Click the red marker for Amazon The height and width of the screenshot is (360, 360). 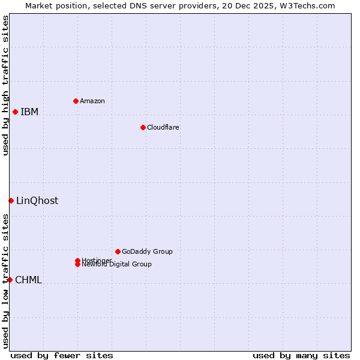tap(76, 101)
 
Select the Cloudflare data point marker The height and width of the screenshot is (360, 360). tap(143, 127)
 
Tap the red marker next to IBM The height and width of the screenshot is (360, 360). tap(15, 112)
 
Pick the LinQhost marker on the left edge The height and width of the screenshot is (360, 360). tap(11, 200)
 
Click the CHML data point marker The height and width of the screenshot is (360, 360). tap(10, 280)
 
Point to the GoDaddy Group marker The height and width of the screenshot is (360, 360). tap(118, 251)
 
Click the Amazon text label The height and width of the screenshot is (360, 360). tap(92, 101)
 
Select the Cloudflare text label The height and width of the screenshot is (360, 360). tap(163, 127)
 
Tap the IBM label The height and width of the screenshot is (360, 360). tap(29, 112)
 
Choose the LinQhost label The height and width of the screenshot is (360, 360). tap(37, 201)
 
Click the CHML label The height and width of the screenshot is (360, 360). tap(28, 280)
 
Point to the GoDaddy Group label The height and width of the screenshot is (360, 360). tap(147, 251)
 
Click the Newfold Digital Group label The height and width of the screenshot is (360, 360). tap(117, 265)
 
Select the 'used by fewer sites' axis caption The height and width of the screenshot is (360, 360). tap(62, 355)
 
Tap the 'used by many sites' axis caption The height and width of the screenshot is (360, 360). tap(301, 355)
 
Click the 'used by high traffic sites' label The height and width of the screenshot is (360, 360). tap(5, 85)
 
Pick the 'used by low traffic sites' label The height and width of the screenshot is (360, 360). tap(5, 281)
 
